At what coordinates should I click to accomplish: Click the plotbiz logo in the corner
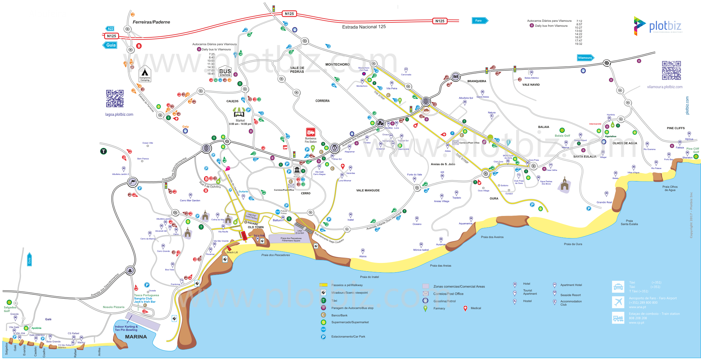658,26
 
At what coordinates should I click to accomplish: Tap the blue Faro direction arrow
480,21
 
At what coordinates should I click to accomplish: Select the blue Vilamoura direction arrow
585,58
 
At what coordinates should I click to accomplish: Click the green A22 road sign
110,28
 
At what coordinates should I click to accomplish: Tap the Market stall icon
239,112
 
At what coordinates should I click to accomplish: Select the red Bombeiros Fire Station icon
310,132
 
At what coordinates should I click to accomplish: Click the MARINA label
136,337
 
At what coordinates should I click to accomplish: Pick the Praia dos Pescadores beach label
276,255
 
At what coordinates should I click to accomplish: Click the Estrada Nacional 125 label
364,27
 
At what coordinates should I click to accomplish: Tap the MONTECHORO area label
337,64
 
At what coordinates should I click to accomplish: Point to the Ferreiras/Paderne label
151,22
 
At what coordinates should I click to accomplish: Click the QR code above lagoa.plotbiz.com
115,99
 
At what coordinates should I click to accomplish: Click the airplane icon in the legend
618,302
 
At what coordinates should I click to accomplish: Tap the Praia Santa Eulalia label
629,222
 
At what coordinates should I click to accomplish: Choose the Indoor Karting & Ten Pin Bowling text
126,328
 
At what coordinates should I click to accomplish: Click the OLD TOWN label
256,227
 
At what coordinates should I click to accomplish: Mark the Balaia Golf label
562,136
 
